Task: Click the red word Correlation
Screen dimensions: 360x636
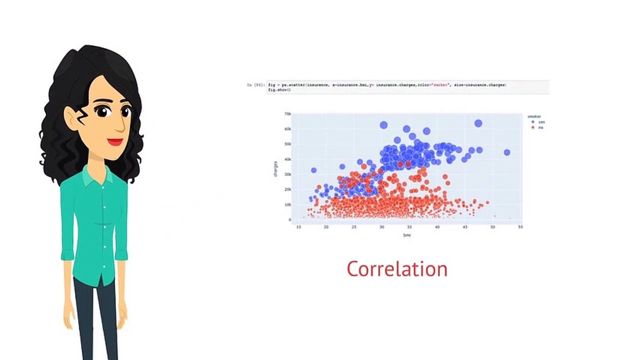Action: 397,269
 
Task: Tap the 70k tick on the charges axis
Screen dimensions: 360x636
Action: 287,114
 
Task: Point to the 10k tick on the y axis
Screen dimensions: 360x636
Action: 287,204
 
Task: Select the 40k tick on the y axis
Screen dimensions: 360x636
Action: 287,159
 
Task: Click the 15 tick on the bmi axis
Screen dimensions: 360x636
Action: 298,227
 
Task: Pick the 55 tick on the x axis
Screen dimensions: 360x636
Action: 520,227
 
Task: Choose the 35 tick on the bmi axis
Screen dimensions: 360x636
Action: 409,227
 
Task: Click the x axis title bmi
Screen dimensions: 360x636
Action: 407,235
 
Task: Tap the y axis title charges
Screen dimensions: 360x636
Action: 275,168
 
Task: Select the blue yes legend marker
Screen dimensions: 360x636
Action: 533,122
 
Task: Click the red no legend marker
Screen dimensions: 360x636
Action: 533,127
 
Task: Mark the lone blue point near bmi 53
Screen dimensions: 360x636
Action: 507,152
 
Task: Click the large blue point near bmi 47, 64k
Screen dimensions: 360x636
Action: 478,123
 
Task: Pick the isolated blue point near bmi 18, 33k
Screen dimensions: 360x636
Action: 314,170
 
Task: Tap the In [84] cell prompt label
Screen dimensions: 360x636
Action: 255,85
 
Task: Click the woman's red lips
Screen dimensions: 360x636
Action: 115,142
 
